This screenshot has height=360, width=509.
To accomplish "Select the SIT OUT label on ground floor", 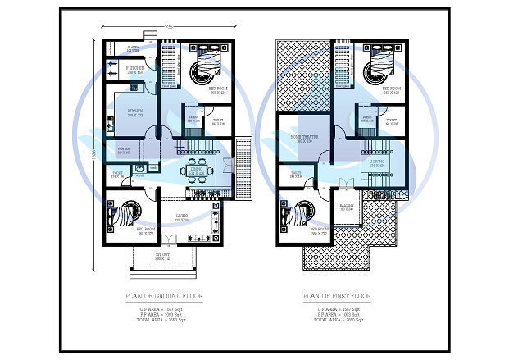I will click(163, 257).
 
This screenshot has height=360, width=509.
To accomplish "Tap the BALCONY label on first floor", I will click(347, 207).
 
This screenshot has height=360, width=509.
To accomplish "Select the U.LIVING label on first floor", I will click(377, 163).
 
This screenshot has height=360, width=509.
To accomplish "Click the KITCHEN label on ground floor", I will click(135, 112).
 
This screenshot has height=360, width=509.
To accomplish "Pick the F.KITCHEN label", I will click(135, 71).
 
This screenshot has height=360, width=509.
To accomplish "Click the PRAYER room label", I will click(124, 152).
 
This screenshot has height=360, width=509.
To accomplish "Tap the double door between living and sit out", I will click(170, 239).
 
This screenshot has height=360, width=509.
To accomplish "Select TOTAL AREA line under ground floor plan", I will click(163, 319).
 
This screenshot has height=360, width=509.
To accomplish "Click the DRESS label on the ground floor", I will click(193, 118).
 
